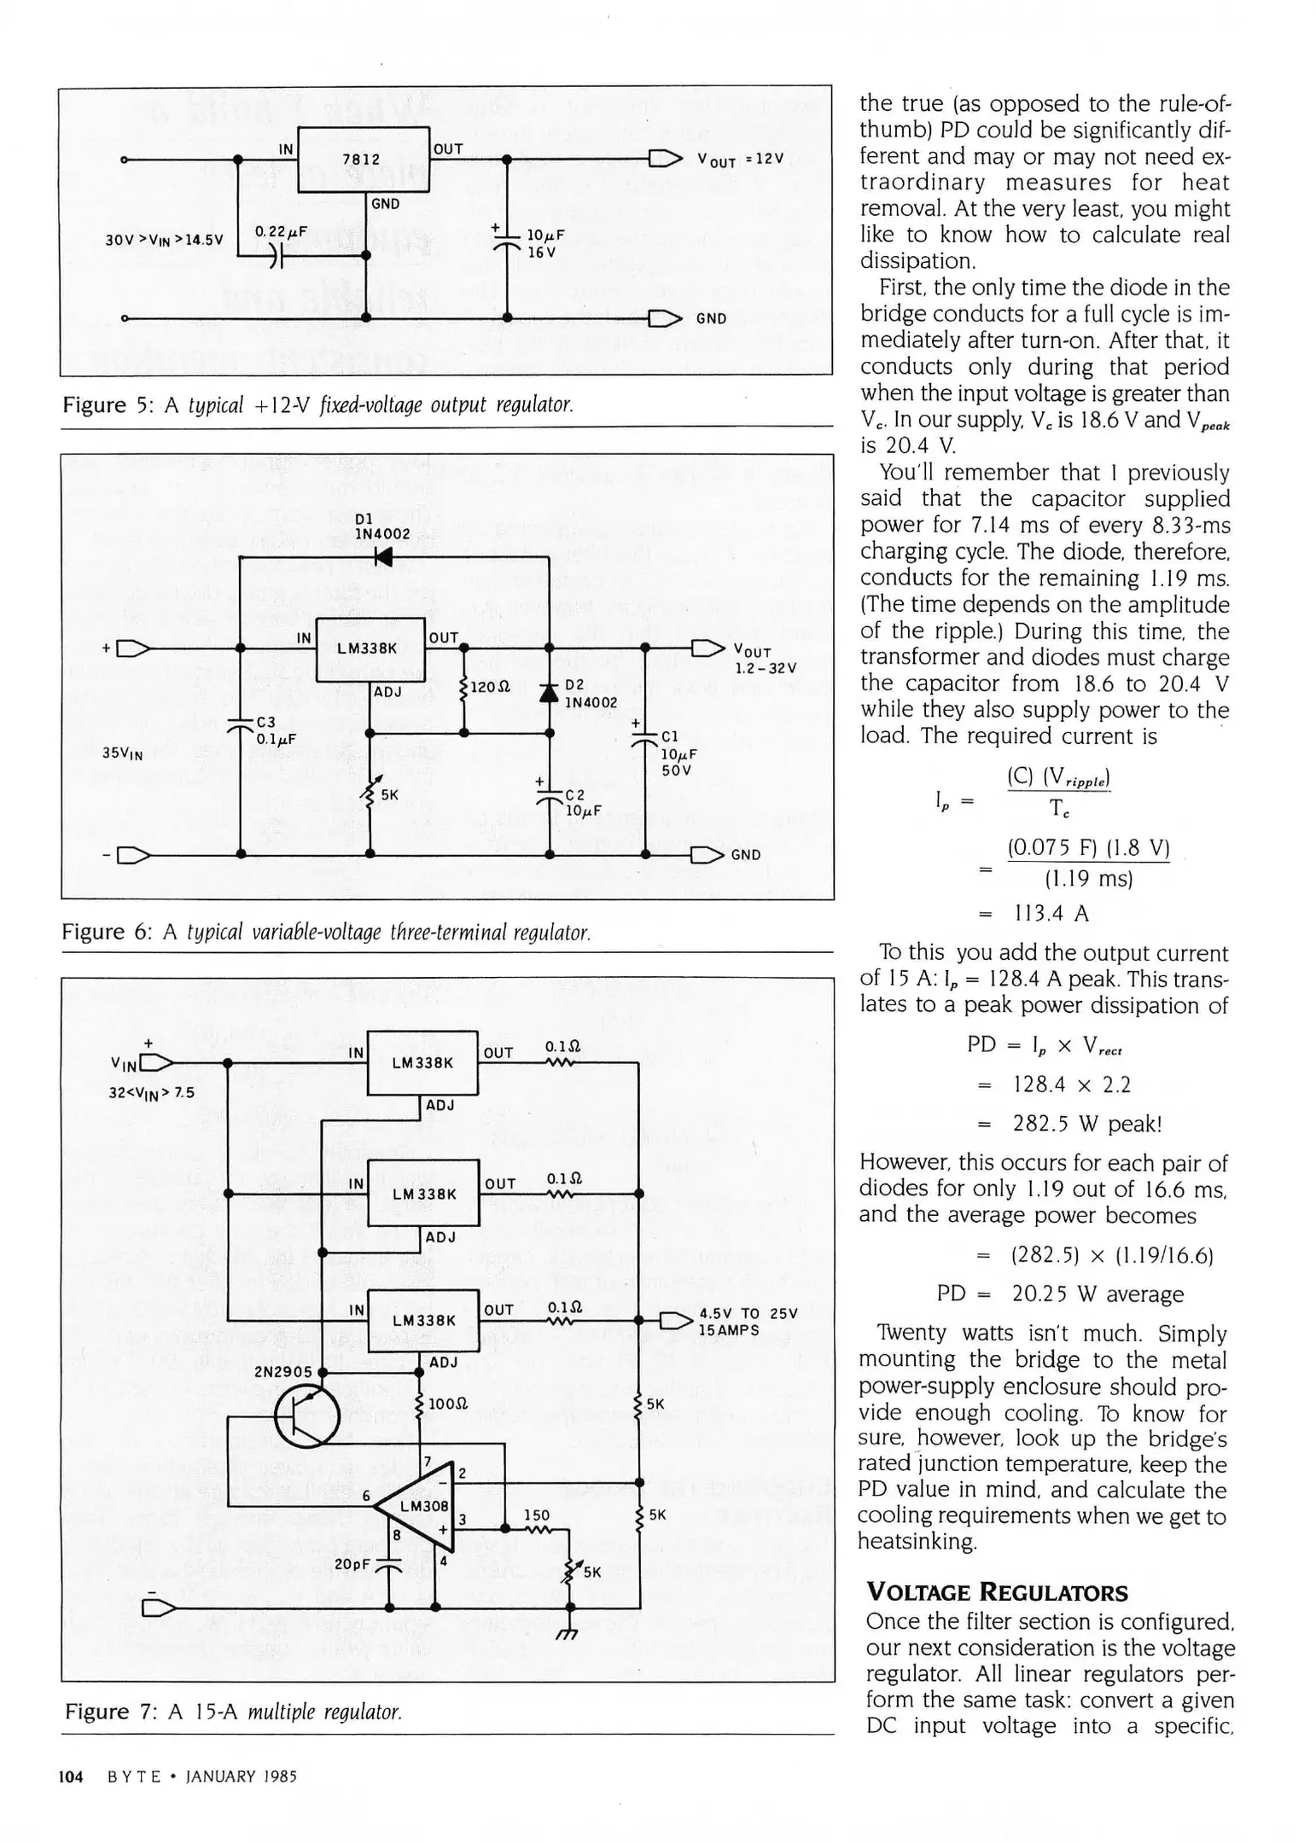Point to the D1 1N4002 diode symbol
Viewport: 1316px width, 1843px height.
click(383, 557)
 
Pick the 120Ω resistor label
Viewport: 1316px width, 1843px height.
click(491, 686)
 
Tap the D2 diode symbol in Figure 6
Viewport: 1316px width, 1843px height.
click(549, 693)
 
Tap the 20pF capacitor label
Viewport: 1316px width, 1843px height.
click(352, 1564)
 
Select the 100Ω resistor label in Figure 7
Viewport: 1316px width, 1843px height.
click(447, 1404)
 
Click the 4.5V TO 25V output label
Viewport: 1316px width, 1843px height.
click(748, 1322)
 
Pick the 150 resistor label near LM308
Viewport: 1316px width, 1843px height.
click(536, 1515)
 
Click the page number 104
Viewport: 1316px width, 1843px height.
click(70, 1776)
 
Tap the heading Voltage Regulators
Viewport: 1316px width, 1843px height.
click(996, 1592)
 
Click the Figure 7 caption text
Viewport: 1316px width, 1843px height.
click(233, 1712)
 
